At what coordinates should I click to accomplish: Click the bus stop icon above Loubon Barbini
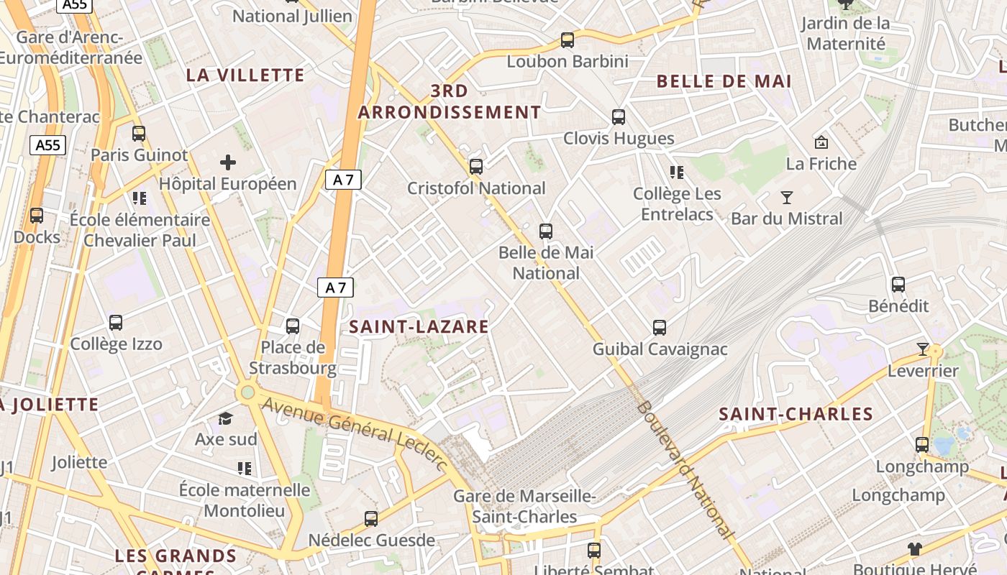[x=568, y=40]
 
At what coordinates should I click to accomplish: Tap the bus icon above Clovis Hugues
[x=619, y=117]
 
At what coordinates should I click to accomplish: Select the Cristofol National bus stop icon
[x=476, y=167]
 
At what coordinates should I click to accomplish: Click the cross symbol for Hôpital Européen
[x=228, y=162]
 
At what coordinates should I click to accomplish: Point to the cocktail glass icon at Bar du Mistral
[x=787, y=197]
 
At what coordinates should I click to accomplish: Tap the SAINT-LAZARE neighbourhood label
[x=419, y=327]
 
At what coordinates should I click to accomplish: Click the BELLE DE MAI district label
[x=724, y=81]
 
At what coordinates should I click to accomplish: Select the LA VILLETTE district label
[x=245, y=75]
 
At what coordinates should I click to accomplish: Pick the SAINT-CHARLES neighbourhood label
[x=796, y=414]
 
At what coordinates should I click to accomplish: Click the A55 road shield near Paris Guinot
[x=48, y=145]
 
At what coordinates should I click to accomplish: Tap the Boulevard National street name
[x=685, y=471]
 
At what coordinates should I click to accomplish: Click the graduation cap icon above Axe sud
[x=226, y=418]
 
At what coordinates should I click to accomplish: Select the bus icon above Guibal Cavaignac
[x=660, y=328]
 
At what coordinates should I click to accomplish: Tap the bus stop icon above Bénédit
[x=898, y=285]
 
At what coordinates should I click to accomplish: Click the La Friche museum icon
[x=821, y=142]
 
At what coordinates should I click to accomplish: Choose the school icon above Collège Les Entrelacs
[x=677, y=172]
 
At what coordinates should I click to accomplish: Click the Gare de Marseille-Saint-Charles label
[x=524, y=506]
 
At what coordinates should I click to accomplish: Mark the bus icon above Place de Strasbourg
[x=293, y=326]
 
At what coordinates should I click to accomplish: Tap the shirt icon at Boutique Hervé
[x=914, y=549]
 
